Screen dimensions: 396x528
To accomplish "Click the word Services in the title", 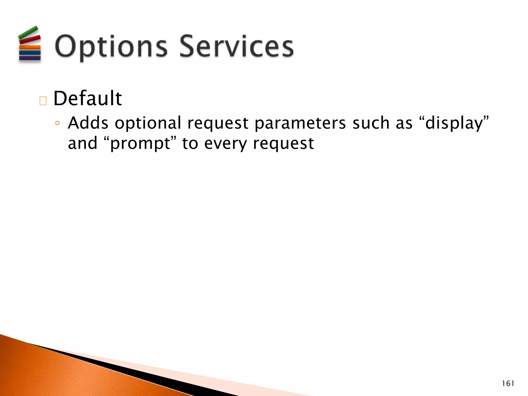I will [236, 46].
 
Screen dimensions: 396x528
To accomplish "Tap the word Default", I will [88, 98].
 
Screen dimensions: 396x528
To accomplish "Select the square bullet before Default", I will [43, 101].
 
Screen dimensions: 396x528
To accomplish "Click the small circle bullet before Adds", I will [57, 123].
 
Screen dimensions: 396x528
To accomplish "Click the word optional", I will [148, 123].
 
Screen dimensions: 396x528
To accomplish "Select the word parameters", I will [300, 123].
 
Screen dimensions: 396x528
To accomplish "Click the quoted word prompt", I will [140, 144].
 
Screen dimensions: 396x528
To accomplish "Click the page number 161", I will [508, 384].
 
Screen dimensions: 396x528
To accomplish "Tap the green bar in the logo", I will [28, 32].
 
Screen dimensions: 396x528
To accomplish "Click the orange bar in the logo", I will [30, 47].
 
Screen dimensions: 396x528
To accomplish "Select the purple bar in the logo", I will [30, 58].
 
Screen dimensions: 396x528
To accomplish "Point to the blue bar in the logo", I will [30, 53].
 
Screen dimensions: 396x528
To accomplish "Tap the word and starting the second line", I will [82, 143].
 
